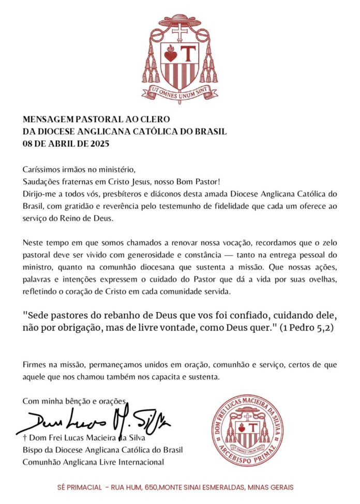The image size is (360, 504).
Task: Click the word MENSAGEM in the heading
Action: [x=46, y=120]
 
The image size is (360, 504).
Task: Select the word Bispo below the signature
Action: [x=33, y=450]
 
